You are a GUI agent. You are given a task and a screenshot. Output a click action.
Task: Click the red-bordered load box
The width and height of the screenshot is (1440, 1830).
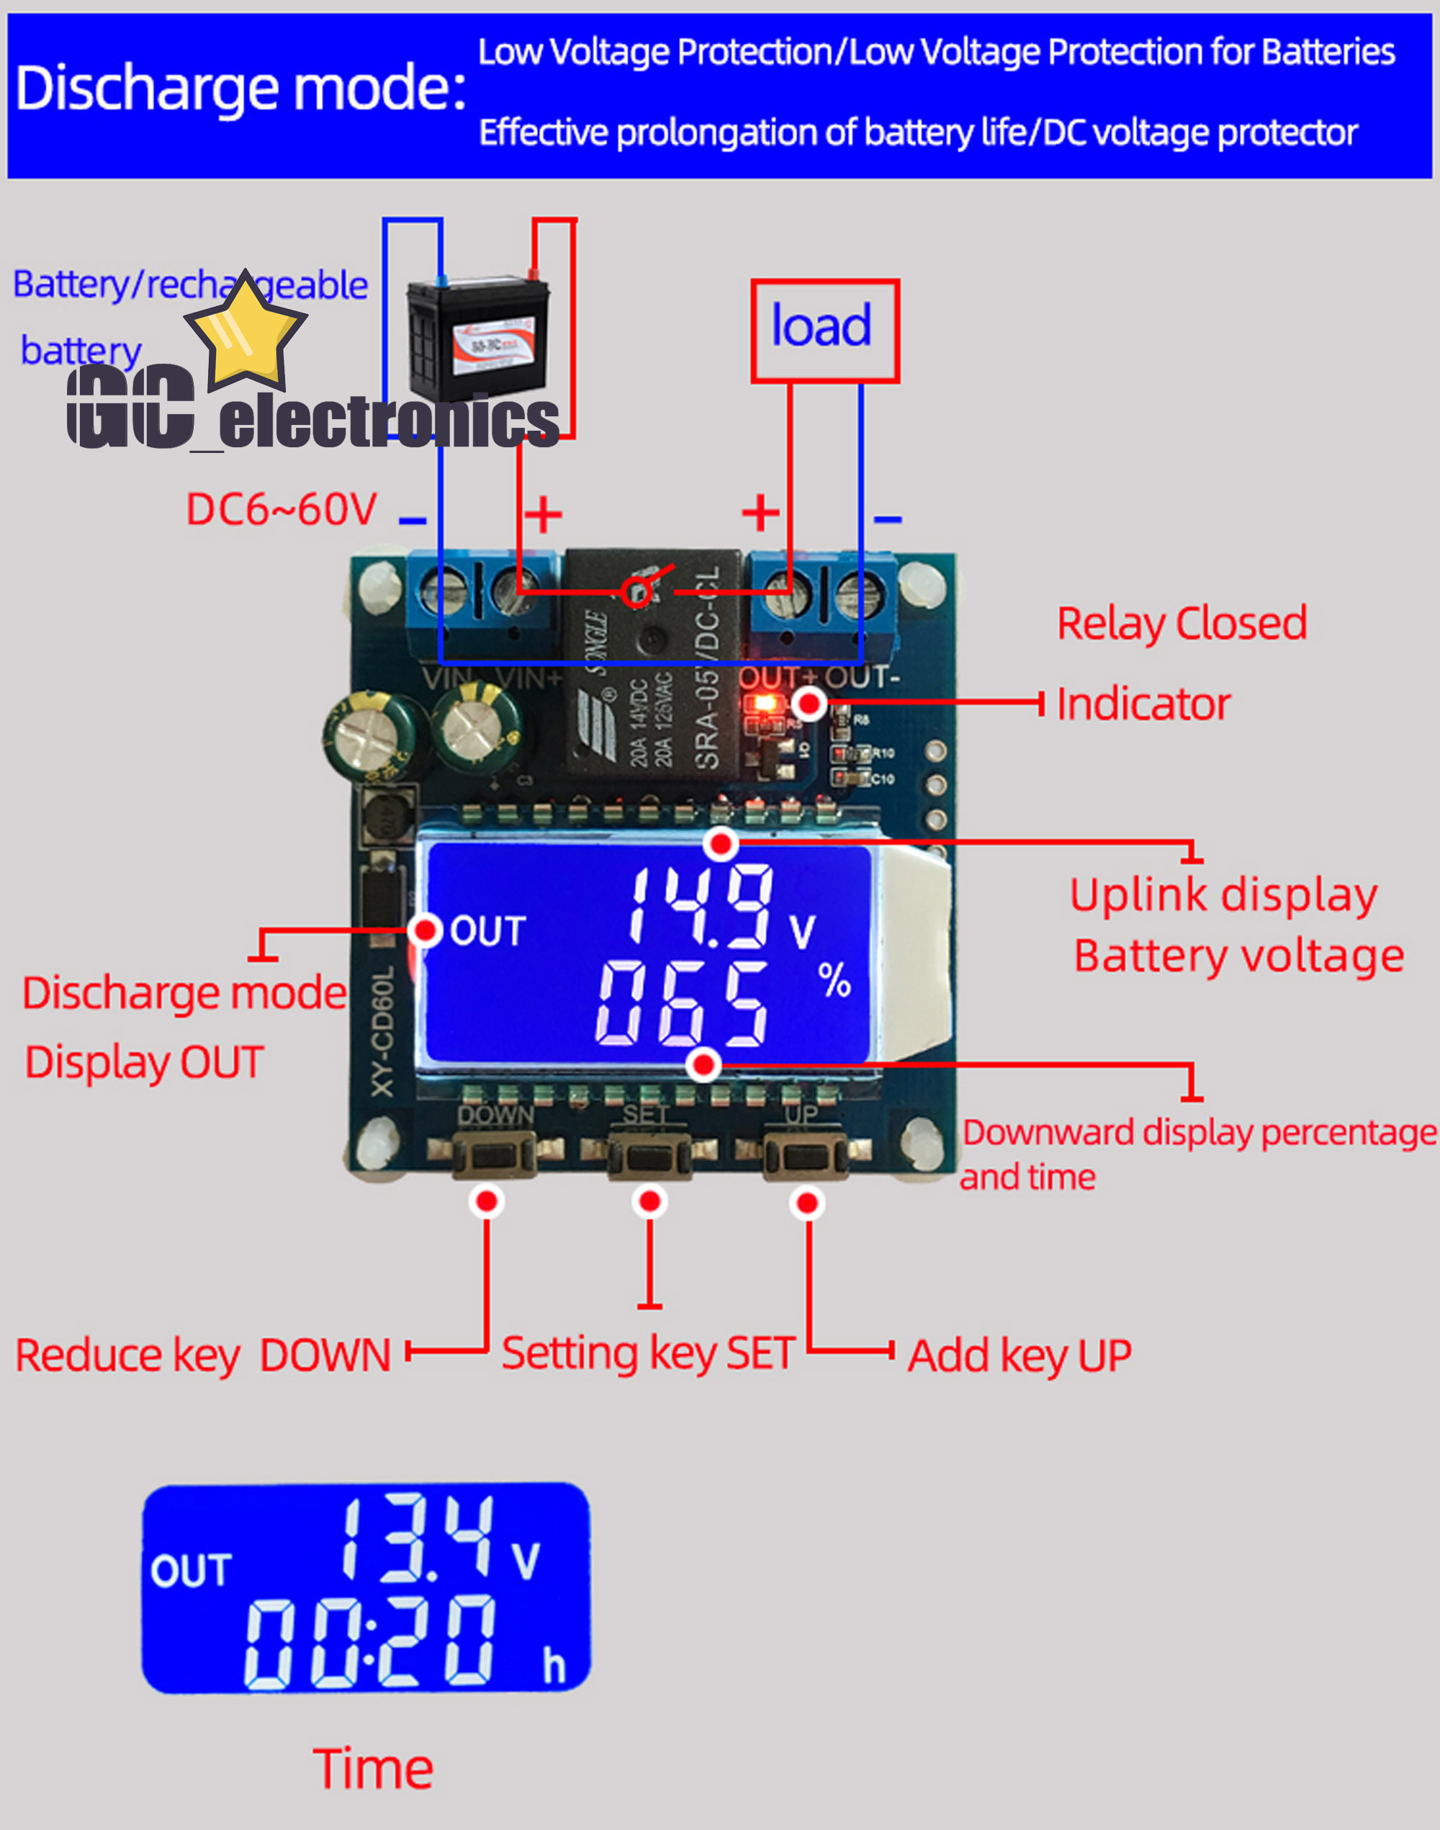click(824, 331)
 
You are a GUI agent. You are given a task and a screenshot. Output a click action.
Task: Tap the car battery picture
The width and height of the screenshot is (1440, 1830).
click(479, 337)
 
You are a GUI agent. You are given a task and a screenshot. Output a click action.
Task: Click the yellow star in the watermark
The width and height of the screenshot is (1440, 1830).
click(245, 331)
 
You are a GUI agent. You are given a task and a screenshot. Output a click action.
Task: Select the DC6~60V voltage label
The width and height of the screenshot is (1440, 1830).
click(281, 509)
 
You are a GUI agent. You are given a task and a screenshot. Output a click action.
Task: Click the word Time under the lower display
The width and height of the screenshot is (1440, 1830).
click(373, 1770)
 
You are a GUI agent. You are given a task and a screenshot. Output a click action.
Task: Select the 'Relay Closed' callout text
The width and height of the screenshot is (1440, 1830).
click(1182, 624)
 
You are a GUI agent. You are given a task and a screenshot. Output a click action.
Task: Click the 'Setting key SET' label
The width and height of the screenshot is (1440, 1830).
click(647, 1353)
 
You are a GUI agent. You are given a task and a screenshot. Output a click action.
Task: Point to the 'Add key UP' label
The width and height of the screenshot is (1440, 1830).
click(1020, 1356)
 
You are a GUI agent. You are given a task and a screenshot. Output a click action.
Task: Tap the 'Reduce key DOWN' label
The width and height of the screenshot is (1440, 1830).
click(203, 1356)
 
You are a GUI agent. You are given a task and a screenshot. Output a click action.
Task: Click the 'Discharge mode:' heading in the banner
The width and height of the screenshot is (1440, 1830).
click(240, 89)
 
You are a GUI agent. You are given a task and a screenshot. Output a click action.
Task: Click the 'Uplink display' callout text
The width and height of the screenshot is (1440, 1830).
click(1223, 896)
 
